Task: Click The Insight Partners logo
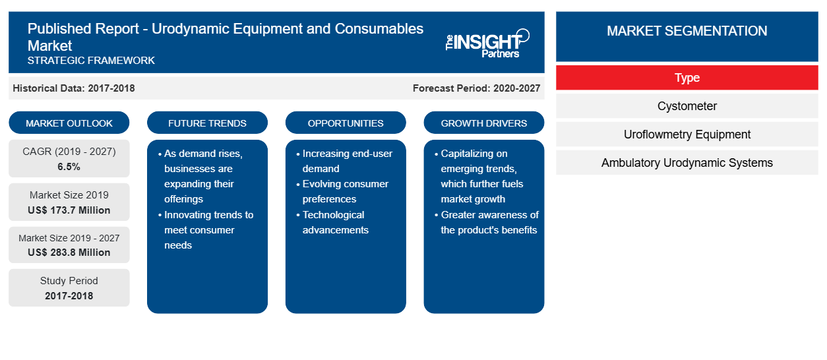[487, 44]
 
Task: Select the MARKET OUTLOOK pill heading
[69, 123]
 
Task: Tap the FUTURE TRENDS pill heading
[207, 123]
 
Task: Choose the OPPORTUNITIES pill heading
[346, 123]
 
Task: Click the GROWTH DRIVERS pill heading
[483, 123]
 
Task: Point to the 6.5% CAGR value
[69, 167]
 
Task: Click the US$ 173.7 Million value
[69, 210]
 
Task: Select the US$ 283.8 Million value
[69, 253]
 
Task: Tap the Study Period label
[69, 281]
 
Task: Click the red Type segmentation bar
[687, 78]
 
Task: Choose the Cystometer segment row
[687, 106]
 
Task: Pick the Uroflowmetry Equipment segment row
[687, 135]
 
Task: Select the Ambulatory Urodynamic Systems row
[687, 163]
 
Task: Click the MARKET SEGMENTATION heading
[687, 30]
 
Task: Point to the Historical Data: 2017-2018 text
[74, 88]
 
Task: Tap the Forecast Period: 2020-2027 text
[476, 88]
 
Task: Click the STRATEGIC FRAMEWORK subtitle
[91, 61]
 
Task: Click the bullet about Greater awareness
[487, 222]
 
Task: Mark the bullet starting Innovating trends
[206, 230]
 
